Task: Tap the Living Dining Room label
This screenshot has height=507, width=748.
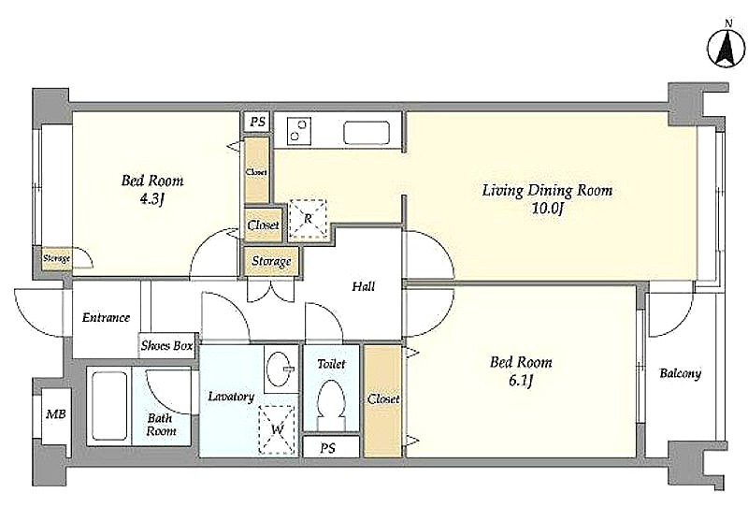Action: tap(547, 191)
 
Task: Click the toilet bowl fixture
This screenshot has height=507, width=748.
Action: tap(331, 401)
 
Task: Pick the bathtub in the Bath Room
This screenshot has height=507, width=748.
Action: tap(109, 406)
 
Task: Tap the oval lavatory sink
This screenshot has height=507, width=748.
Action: tap(280, 369)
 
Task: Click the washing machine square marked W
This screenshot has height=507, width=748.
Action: tap(277, 429)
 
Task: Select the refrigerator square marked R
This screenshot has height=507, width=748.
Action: tap(309, 219)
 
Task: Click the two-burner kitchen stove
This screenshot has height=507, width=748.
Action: tap(299, 130)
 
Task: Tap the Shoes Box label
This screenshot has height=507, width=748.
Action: tap(167, 345)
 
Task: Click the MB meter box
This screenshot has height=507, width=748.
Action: tap(56, 415)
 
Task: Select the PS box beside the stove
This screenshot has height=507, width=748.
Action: tap(258, 122)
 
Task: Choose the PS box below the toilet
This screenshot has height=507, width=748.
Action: tap(331, 447)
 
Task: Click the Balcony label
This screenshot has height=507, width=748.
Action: tap(681, 373)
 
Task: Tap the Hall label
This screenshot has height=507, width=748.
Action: tap(364, 286)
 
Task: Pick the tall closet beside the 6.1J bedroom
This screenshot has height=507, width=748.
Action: tap(383, 400)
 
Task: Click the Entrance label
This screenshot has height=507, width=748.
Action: tap(106, 317)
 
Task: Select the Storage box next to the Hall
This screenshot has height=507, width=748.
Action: tap(271, 261)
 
